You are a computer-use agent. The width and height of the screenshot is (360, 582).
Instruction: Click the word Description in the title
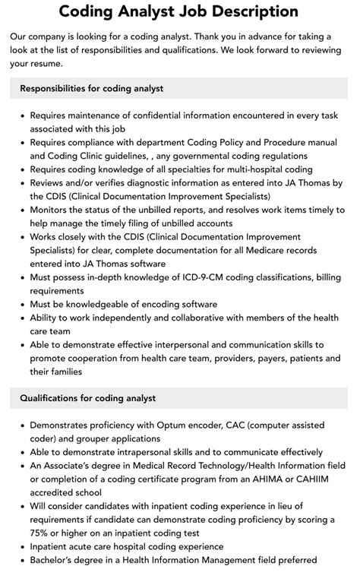254,12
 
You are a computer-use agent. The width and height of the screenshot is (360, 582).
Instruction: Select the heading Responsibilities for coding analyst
92,88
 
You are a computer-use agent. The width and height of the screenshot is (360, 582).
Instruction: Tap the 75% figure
44,533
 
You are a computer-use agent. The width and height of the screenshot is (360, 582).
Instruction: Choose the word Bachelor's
59,561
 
